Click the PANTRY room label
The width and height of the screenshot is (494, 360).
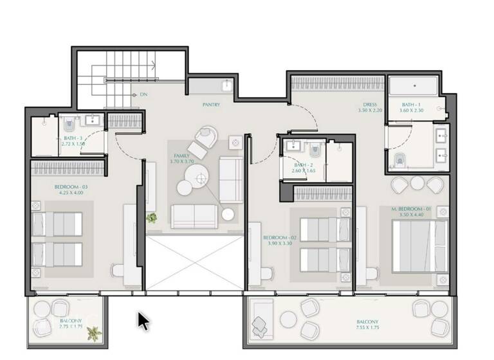[x=211, y=104]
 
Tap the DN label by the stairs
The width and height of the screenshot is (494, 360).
[x=143, y=94]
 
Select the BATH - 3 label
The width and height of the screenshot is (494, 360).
[x=72, y=138]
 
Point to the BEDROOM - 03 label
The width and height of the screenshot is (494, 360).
[x=71, y=187]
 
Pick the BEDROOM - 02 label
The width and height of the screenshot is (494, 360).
[x=277, y=238]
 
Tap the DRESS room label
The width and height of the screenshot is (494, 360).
[x=369, y=104]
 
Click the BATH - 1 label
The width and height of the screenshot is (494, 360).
[x=412, y=104]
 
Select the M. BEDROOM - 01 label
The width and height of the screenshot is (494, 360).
[x=414, y=210]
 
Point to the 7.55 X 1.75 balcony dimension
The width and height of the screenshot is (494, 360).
[x=367, y=328]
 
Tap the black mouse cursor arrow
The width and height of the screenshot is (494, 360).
[x=143, y=320]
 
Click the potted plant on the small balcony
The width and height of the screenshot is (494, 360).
[x=94, y=334]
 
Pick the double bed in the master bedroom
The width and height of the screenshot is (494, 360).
[x=419, y=244]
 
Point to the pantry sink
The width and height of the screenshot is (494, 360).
[x=228, y=85]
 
